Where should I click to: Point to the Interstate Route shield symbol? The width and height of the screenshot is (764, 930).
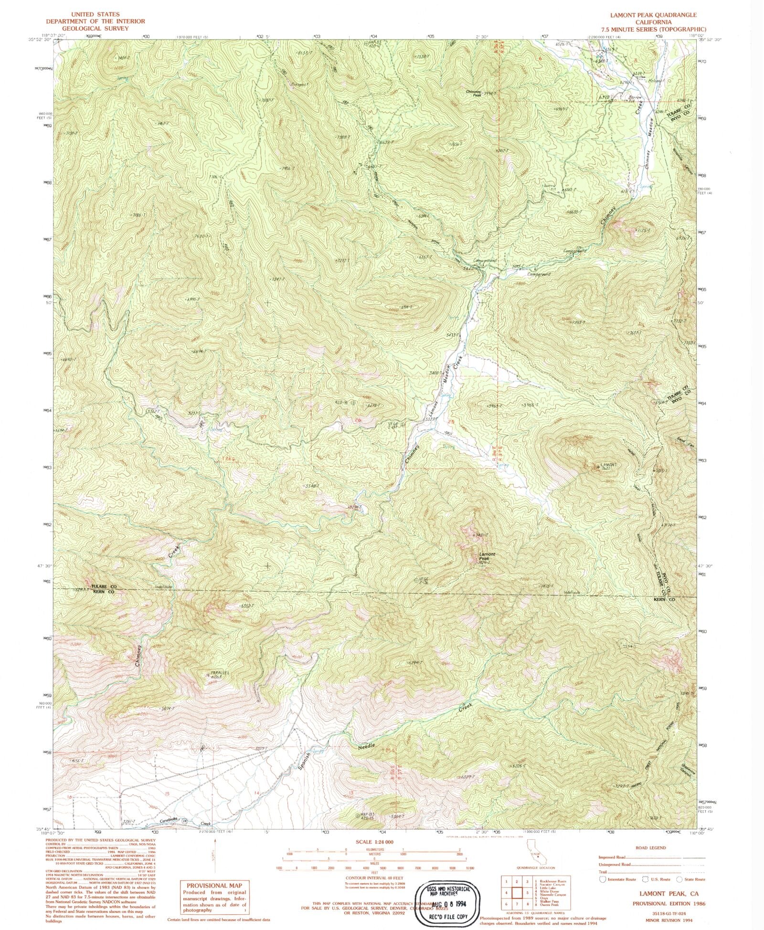tap(603, 879)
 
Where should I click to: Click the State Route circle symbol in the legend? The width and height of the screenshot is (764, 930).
tap(679, 879)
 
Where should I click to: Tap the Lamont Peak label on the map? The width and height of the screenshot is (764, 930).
tap(487, 556)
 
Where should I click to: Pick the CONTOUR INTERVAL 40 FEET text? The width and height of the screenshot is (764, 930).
tap(374, 878)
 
